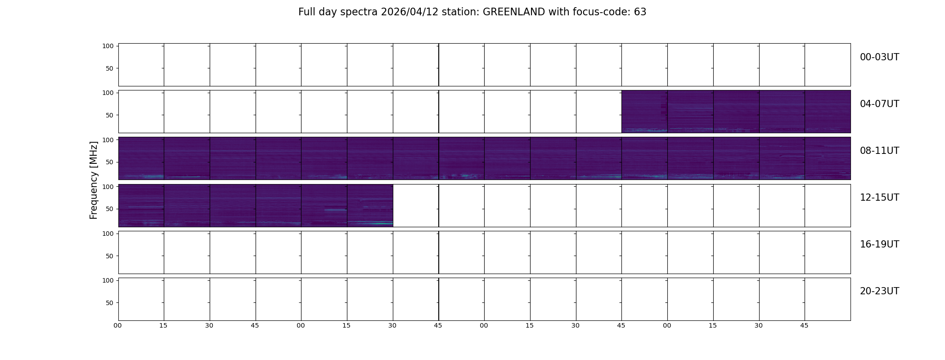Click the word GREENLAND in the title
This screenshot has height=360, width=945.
click(x=514, y=12)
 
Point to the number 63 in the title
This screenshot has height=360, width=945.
click(x=640, y=12)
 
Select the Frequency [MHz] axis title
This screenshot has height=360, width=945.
click(x=94, y=180)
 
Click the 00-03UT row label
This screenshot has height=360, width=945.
click(x=879, y=57)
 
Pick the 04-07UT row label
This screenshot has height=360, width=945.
click(x=879, y=104)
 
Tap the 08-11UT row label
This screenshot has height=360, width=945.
click(x=879, y=151)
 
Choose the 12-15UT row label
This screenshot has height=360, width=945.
click(x=879, y=198)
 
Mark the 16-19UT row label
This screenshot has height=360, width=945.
click(x=879, y=244)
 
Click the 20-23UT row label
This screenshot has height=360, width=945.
click(x=879, y=291)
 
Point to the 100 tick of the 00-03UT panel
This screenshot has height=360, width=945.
click(x=108, y=46)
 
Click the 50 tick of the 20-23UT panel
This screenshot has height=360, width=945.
click(x=110, y=303)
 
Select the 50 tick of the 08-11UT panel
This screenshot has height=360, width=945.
click(x=110, y=162)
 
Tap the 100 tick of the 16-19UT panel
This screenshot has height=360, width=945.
click(x=108, y=234)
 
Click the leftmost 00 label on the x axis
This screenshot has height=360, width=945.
click(x=118, y=325)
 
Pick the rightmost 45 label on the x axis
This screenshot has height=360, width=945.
click(x=804, y=325)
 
